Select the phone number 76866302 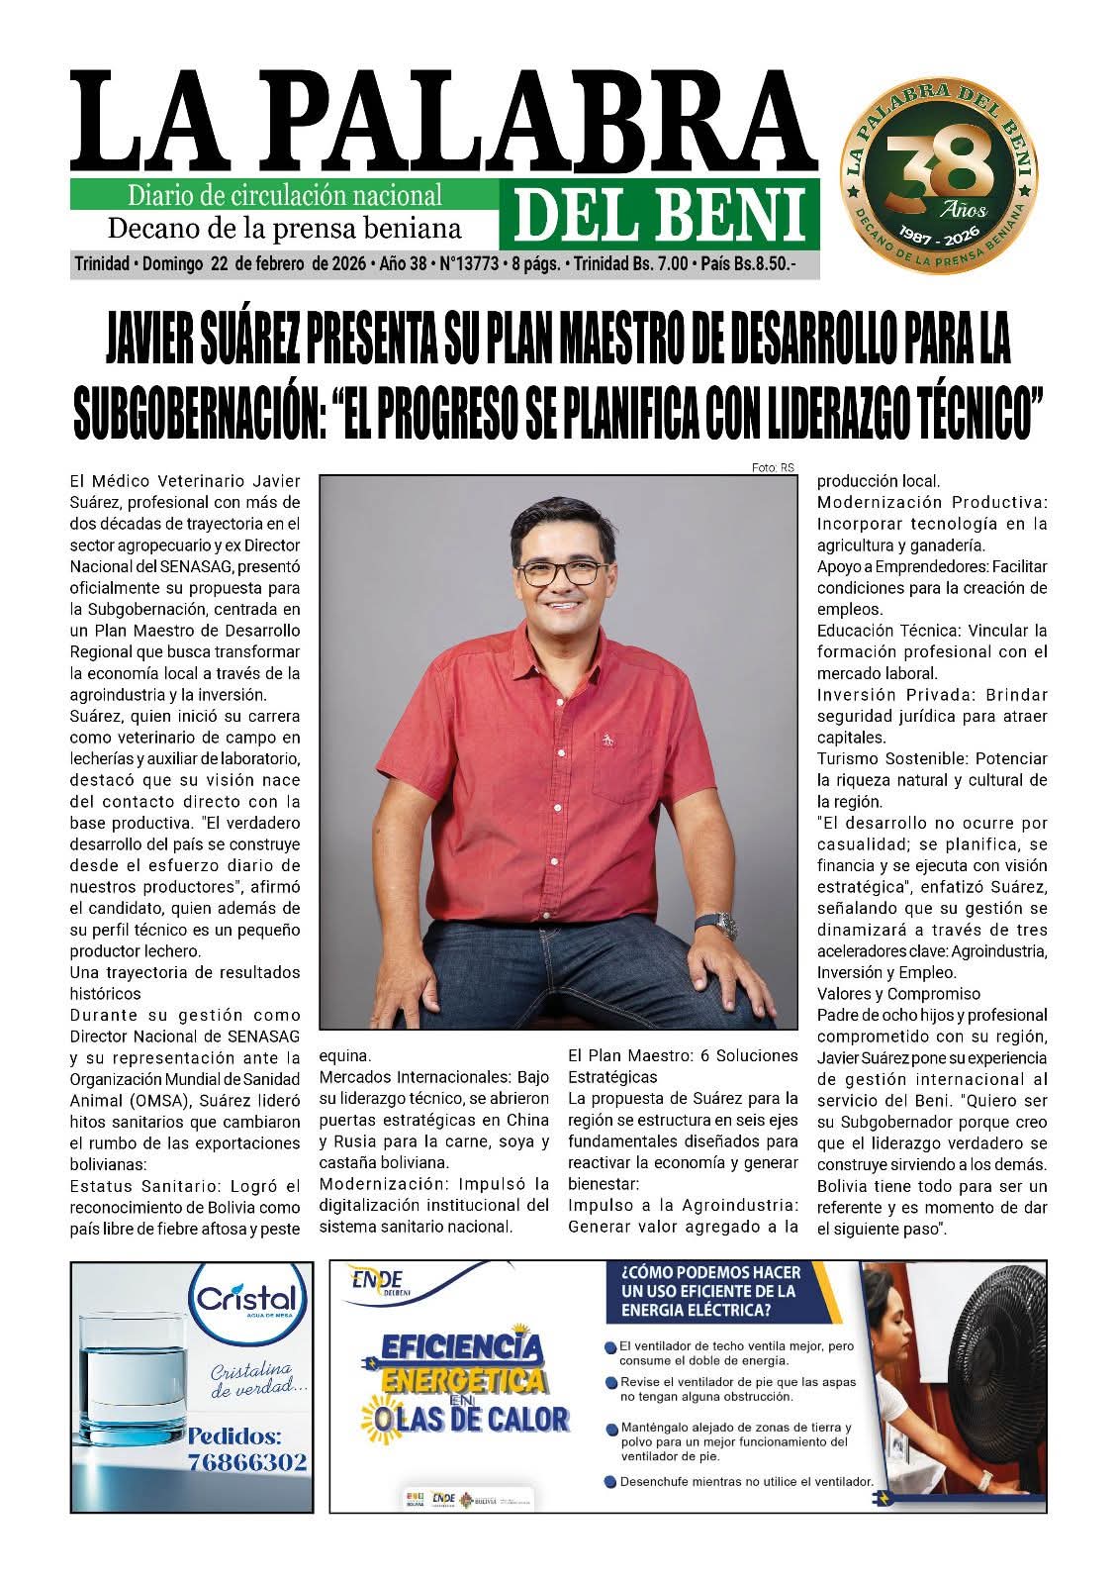[x=247, y=1461]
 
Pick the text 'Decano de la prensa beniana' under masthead [x=284, y=229]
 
